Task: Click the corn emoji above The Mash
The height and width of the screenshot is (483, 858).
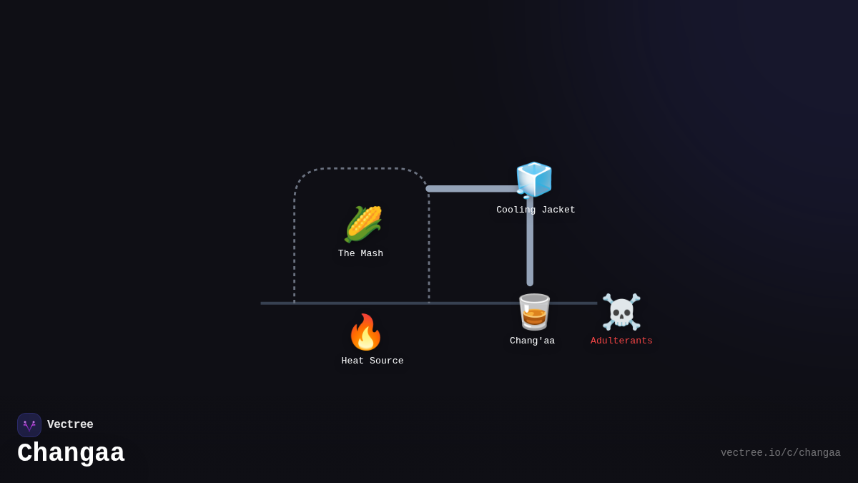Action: [363, 224]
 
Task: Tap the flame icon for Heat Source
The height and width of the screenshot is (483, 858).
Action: [365, 332]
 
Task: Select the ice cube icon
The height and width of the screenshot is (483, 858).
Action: [534, 179]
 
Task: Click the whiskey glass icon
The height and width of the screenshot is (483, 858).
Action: [534, 312]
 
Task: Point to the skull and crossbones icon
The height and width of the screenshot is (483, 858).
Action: [621, 312]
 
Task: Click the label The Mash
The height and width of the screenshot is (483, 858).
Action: [360, 253]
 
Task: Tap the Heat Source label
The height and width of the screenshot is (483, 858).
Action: [373, 361]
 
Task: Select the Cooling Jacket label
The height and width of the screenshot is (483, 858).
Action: [536, 210]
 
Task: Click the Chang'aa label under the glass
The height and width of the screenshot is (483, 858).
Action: [532, 341]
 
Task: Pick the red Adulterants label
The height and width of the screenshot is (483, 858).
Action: [621, 341]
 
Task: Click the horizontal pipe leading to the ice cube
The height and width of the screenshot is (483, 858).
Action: [472, 189]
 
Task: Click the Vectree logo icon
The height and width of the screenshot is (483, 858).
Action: [29, 425]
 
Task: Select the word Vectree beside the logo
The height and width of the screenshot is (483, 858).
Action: [70, 425]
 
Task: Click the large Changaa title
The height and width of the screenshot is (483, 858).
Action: [71, 453]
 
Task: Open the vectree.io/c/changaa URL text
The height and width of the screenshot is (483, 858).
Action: [780, 453]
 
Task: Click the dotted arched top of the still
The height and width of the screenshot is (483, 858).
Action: [361, 169]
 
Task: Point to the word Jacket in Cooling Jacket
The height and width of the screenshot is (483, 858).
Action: [558, 210]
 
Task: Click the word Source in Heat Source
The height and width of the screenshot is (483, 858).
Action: [386, 361]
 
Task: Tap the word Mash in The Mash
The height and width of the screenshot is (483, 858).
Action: [371, 253]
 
